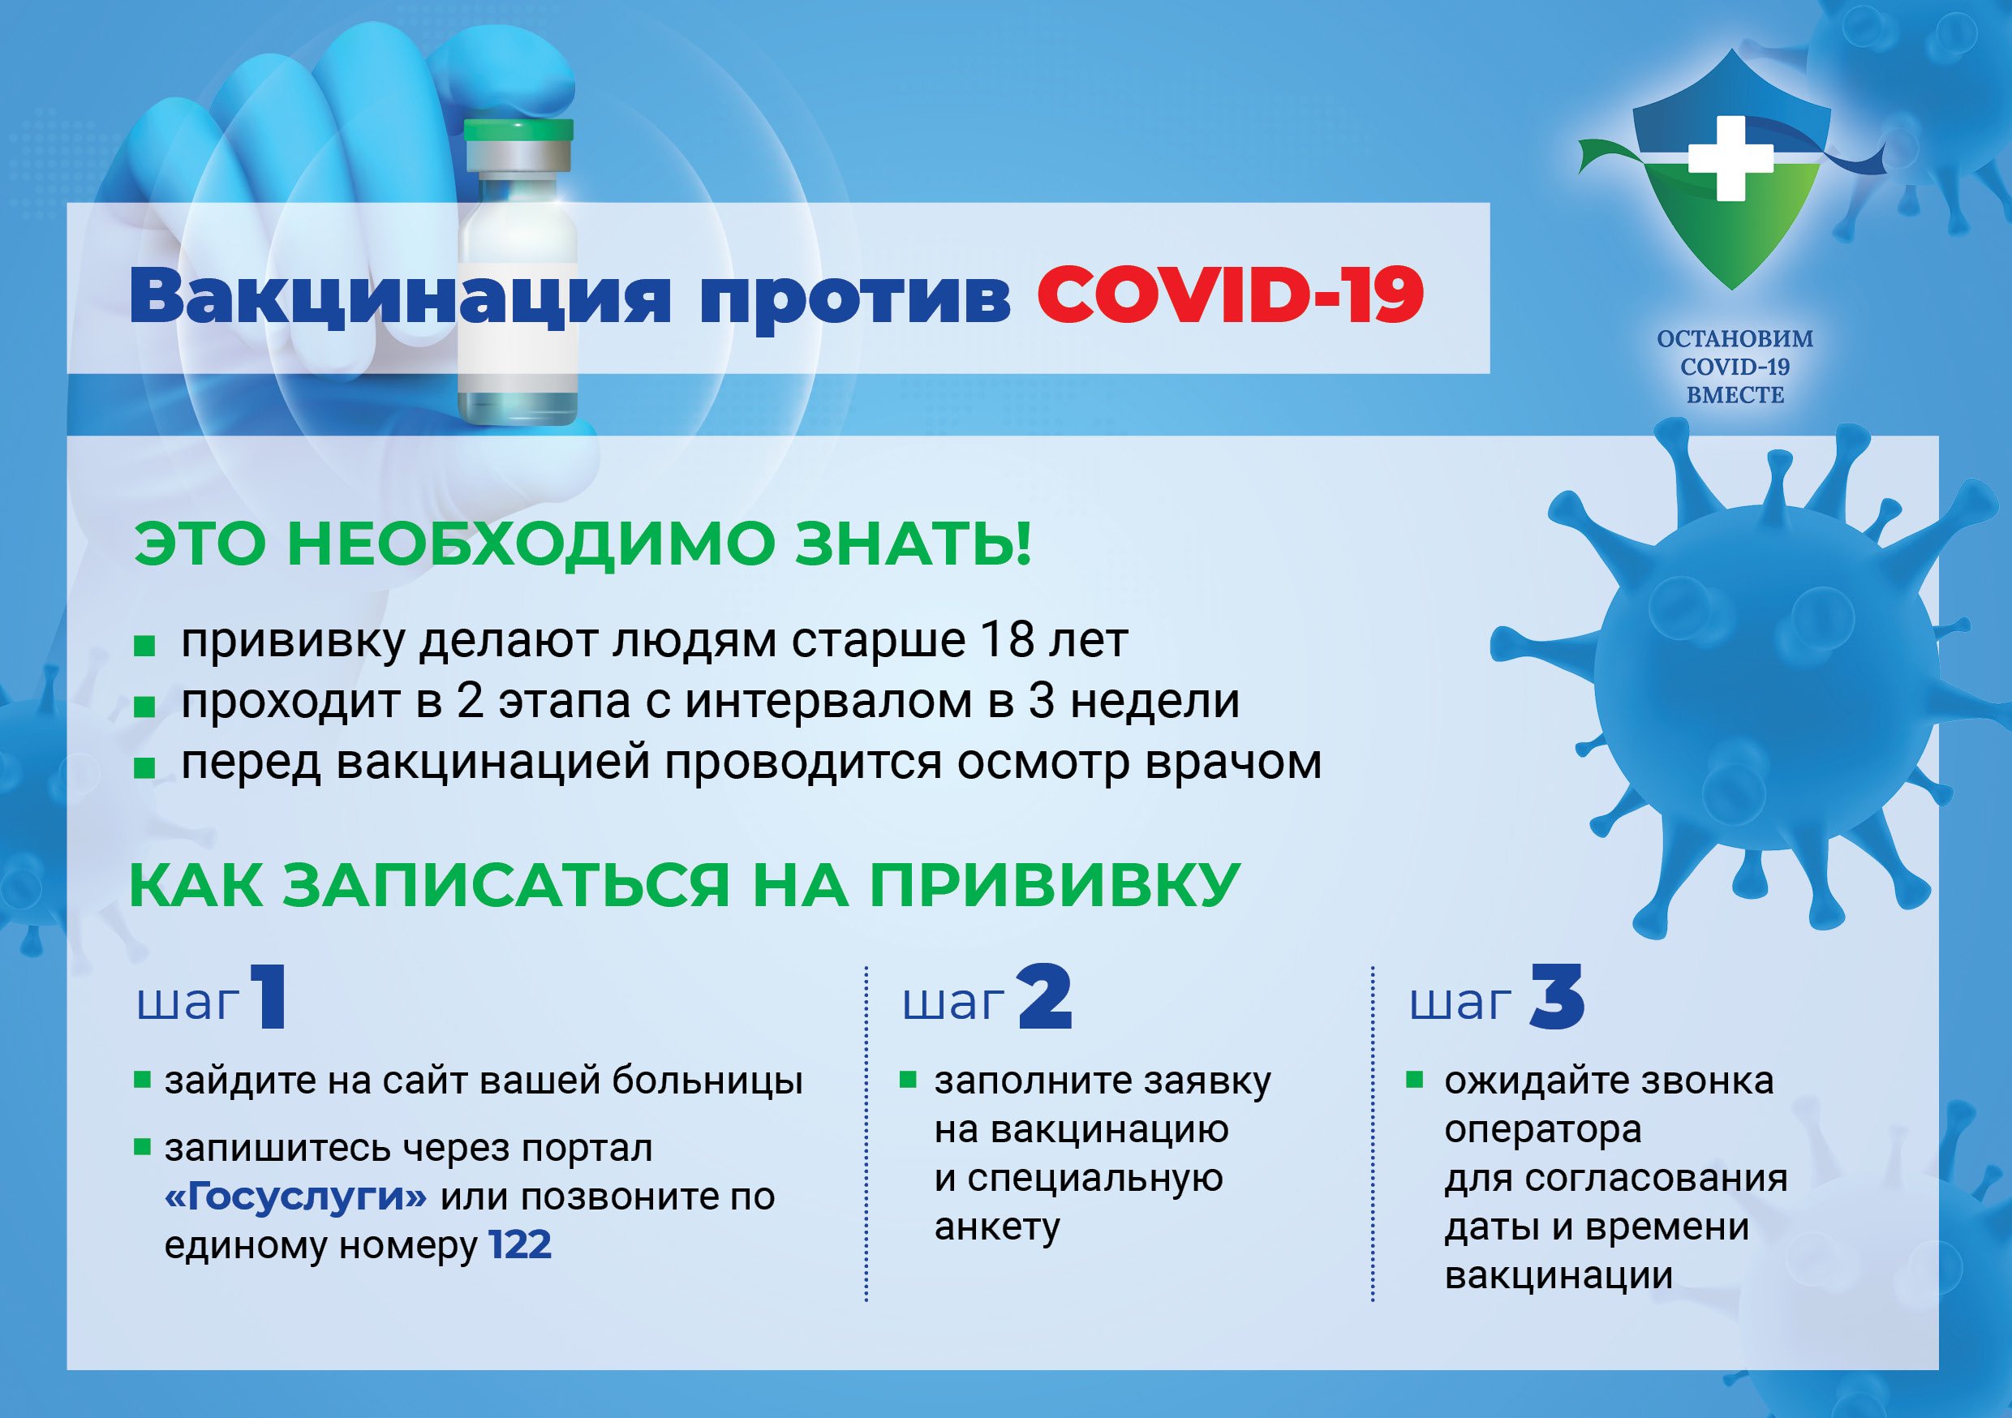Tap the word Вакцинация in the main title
coord(400,298)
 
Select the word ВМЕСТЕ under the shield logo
coord(1735,395)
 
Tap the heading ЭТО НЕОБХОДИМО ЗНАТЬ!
coord(583,544)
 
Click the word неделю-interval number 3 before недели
coord(1040,701)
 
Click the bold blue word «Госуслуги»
coord(295,1197)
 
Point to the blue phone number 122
coord(521,1245)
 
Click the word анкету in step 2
coord(997,1227)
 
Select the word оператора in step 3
coord(1543,1131)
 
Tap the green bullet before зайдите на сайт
coord(142,1079)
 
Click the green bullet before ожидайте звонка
coord(1414,1079)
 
